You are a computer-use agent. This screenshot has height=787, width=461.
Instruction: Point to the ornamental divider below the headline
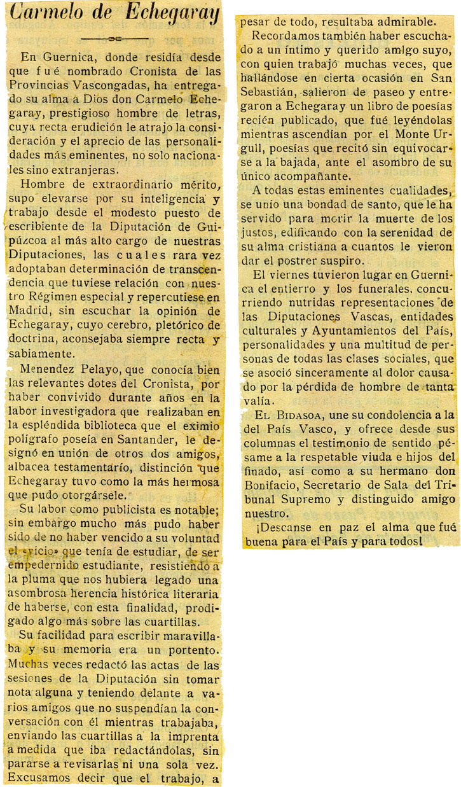[x=114, y=38]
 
